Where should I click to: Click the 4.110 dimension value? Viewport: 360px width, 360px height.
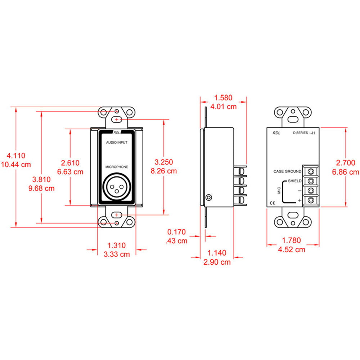[x=16, y=156]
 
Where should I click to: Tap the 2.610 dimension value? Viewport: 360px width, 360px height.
[x=70, y=163]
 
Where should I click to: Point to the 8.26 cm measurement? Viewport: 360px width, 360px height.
[x=164, y=171]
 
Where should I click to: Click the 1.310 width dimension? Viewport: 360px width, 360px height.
[x=116, y=246]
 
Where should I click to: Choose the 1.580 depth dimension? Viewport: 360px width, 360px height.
[x=223, y=98]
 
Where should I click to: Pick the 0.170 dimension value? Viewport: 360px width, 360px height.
[x=176, y=232]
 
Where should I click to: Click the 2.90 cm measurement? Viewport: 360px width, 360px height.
[x=217, y=262]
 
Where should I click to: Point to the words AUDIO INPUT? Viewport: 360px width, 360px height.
[x=116, y=143]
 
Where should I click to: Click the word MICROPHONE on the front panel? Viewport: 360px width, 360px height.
[x=116, y=167]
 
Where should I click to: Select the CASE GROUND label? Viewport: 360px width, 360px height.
[x=287, y=171]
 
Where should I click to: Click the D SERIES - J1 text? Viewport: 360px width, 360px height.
[x=304, y=133]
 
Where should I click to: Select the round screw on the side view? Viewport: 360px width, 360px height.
[x=209, y=197]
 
